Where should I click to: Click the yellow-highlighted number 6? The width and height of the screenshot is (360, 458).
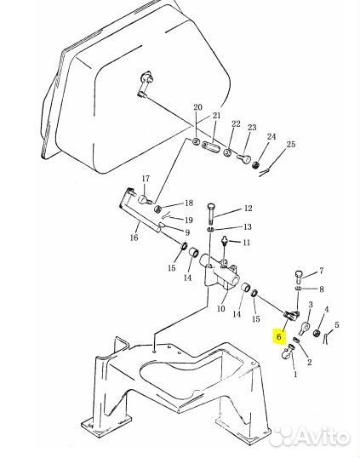279,337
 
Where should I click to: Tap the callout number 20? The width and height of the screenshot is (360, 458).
197,107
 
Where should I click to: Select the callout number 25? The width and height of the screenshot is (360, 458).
291,144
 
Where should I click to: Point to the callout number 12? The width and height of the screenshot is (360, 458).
248,209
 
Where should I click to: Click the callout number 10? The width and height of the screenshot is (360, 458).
221,308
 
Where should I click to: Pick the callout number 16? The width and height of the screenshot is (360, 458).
134,238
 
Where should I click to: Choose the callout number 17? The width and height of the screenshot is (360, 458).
146,178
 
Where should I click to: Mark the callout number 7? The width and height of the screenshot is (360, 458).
321,271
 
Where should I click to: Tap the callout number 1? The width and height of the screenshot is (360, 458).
295,374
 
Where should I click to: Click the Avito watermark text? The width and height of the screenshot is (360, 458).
317,437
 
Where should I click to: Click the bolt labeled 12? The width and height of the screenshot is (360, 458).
211,214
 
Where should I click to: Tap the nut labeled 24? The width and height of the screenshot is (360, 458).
255,164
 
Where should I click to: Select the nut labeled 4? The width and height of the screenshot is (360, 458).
317,333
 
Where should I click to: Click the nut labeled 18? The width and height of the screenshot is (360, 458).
158,209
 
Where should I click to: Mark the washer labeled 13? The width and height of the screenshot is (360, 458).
211,230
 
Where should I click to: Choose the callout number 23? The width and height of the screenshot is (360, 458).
252,128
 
